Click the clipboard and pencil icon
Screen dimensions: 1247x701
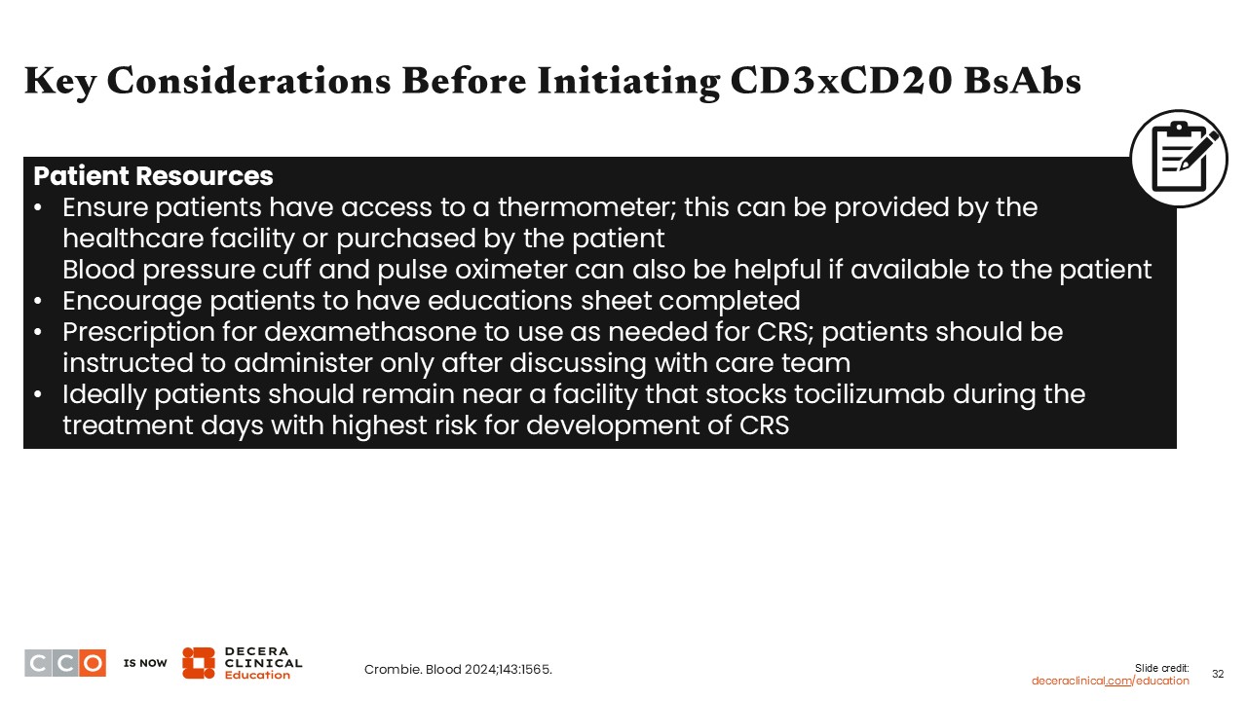1179,159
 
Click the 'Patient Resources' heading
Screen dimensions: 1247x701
153,176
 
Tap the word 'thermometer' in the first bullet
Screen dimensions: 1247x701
586,207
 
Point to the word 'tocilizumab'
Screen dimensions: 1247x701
870,394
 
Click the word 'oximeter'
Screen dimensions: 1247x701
511,270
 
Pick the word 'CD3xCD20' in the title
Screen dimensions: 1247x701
841,80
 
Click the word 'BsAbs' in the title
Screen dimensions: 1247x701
1023,80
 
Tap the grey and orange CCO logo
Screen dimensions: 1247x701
65,663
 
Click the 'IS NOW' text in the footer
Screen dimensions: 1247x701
145,663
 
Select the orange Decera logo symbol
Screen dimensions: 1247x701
198,663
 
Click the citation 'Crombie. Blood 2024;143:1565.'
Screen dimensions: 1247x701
458,669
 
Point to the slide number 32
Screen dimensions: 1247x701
1218,674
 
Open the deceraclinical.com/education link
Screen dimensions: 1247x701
1110,681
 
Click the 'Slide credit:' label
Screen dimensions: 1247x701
1162,668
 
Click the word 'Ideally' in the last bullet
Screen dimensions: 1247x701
104,394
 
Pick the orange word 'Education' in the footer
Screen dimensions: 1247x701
257,675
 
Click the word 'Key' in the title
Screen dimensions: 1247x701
60,82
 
